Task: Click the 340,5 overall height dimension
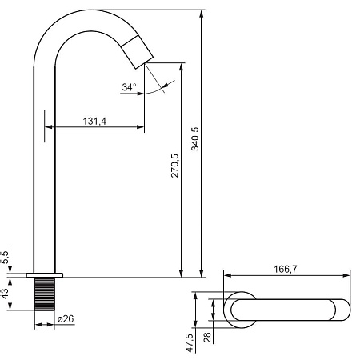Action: click(x=195, y=138)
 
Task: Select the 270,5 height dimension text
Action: click(x=175, y=166)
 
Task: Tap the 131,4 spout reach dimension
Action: click(x=94, y=121)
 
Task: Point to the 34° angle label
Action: click(x=129, y=87)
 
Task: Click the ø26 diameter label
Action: click(x=66, y=318)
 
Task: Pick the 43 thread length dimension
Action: click(x=5, y=294)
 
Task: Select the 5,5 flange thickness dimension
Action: click(x=5, y=258)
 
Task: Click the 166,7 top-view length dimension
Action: click(x=286, y=269)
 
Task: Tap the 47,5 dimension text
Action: click(x=190, y=342)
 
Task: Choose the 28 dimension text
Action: click(x=207, y=338)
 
